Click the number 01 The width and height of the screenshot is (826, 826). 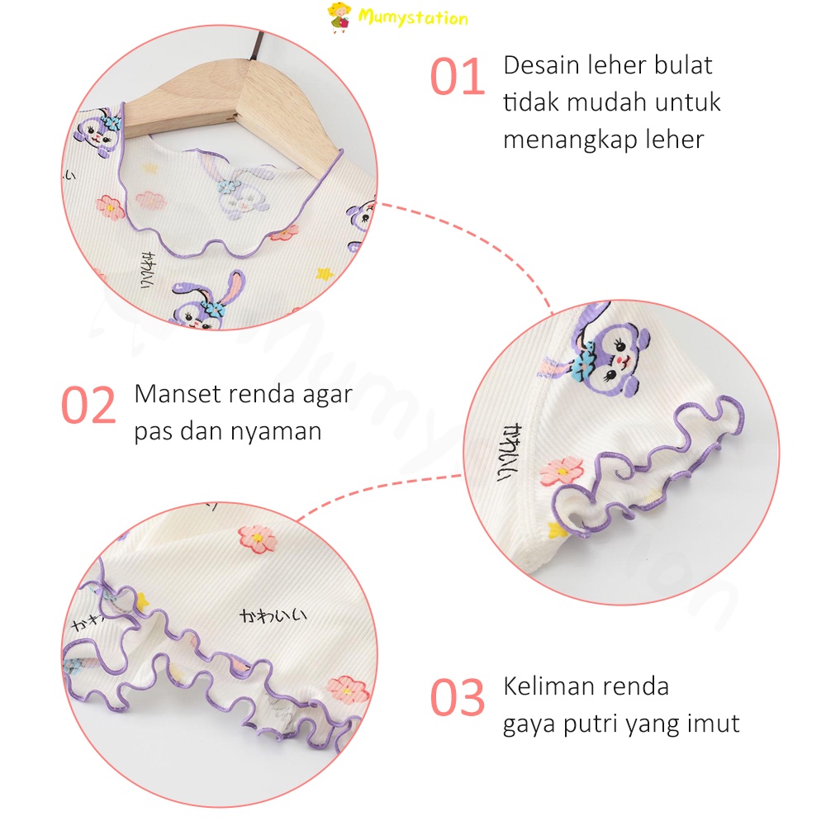(457, 78)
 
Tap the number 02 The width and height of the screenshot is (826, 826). (88, 405)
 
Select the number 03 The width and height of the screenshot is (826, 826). (457, 699)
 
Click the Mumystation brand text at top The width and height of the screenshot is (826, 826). (413, 17)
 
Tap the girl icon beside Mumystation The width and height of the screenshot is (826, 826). (338, 17)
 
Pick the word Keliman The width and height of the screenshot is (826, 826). (552, 686)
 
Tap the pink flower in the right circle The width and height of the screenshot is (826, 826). (562, 472)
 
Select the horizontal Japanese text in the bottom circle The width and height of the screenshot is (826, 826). (273, 615)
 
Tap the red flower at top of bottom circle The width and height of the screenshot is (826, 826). (255, 538)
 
